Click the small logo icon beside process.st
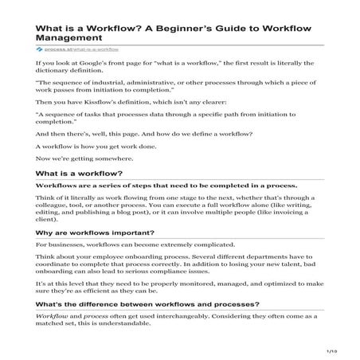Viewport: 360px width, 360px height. click(39, 49)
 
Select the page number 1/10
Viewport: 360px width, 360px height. click(332, 350)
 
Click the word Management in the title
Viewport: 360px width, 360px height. click(70, 37)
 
